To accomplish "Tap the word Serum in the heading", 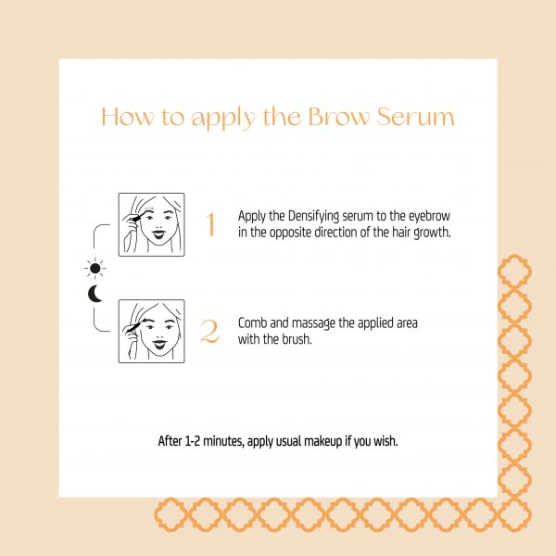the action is click(x=415, y=117).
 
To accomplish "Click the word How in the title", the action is click(x=129, y=117).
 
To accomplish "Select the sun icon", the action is click(x=95, y=269).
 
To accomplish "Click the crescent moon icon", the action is click(x=95, y=294).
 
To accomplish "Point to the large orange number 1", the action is click(x=210, y=223).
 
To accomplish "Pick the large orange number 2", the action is click(x=209, y=331).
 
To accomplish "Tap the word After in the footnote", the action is click(x=171, y=441).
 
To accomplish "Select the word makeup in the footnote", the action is click(x=322, y=442).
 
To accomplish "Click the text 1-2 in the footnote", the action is click(x=193, y=441).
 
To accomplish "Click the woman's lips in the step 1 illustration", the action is click(x=158, y=234).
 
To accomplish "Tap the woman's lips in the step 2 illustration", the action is click(x=159, y=343).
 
